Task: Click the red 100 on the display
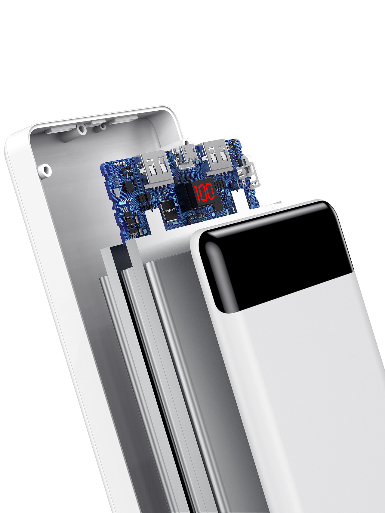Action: [204, 192]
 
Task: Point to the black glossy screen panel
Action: [277, 256]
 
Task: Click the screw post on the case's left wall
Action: [46, 170]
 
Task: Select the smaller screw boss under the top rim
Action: [103, 126]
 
